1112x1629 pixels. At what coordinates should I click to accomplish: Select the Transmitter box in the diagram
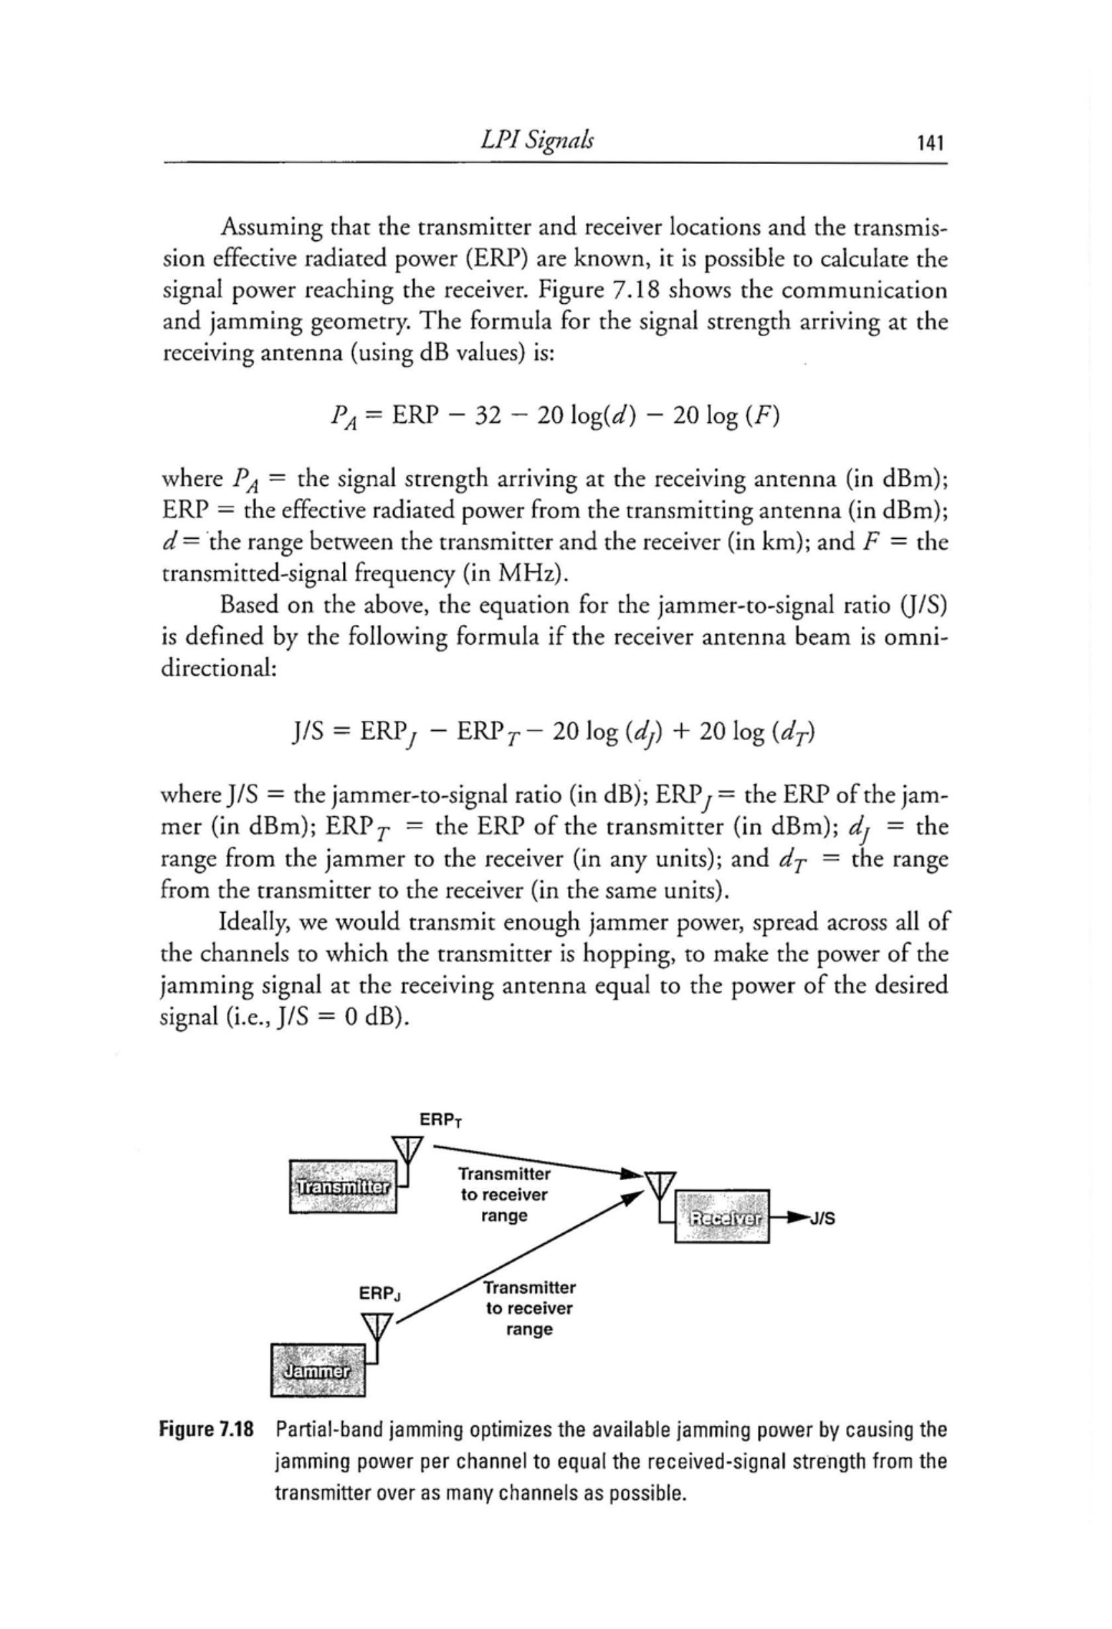(x=343, y=1187)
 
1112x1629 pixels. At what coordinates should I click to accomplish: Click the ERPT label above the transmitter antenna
(x=440, y=1120)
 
